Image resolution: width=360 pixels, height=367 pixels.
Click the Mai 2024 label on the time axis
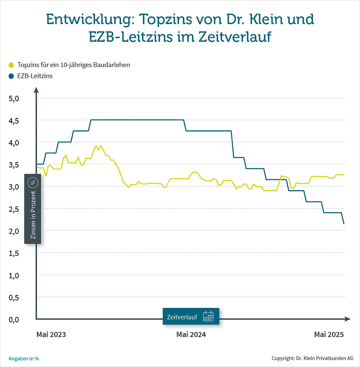[191, 335]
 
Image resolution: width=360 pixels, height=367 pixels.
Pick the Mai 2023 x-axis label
[51, 335]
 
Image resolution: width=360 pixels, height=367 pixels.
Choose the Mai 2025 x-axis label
[329, 335]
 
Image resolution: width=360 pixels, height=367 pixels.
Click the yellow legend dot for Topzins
[11, 65]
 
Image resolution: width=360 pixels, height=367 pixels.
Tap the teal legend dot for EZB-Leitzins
[11, 76]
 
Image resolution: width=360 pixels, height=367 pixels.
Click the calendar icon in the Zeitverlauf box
[208, 316]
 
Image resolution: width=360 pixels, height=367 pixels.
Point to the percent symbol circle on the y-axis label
[33, 183]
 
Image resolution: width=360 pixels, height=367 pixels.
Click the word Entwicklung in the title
[87, 19]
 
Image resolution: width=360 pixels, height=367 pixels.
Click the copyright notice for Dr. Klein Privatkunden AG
[312, 358]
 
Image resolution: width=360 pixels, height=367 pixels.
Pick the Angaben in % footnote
[23, 358]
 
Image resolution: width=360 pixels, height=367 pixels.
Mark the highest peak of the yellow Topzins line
[96, 146]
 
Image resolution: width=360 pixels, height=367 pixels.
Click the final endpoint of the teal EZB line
[344, 224]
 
